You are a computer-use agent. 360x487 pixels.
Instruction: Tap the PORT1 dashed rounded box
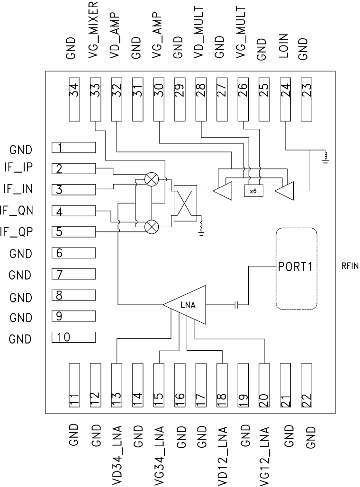click(296, 268)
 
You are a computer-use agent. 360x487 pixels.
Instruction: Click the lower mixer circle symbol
click(152, 227)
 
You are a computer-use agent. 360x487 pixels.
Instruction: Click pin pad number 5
click(74, 232)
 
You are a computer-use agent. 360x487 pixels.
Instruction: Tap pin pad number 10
click(74, 337)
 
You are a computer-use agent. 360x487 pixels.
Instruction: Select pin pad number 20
click(264, 383)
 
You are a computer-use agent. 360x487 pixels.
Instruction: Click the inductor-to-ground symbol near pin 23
click(324, 158)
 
